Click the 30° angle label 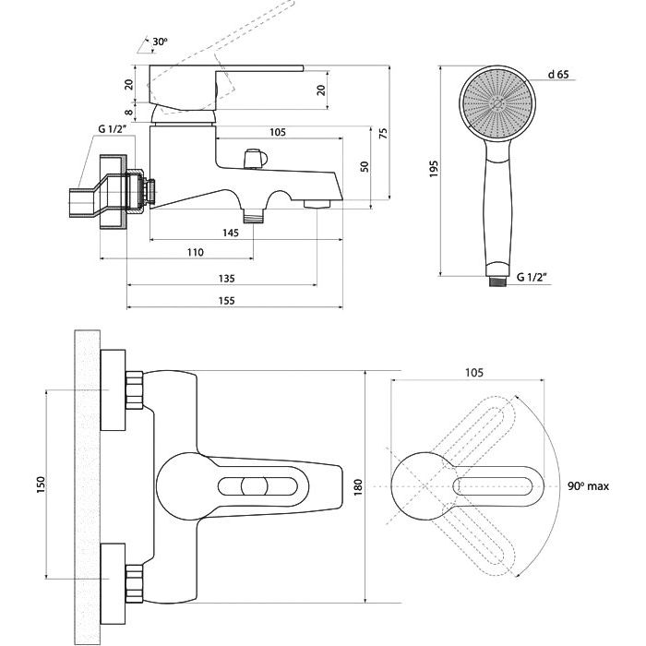(161, 42)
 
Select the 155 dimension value (226, 301)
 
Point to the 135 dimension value (226, 278)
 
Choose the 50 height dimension (364, 166)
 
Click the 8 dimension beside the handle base (129, 113)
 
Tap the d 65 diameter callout (556, 74)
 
